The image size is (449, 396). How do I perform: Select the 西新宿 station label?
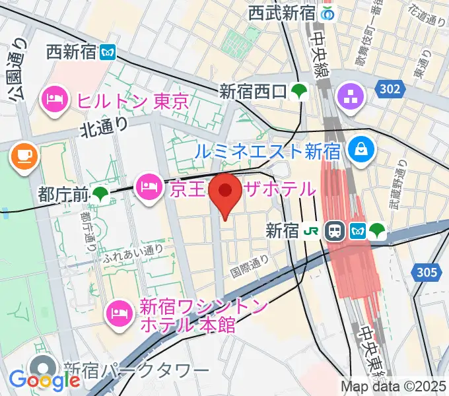[x=72, y=51]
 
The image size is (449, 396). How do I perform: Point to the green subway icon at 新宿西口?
[x=300, y=90]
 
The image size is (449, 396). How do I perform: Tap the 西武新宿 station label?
[x=282, y=13]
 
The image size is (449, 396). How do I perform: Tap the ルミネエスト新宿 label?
[x=267, y=150]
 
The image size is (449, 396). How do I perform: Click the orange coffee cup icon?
[x=23, y=156]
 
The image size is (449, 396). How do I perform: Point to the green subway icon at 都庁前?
[x=101, y=193]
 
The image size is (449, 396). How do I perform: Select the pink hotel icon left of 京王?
[x=148, y=187]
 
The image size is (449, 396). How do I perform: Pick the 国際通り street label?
[x=249, y=266]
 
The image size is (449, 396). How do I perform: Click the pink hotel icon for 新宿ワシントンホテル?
[x=120, y=309]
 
